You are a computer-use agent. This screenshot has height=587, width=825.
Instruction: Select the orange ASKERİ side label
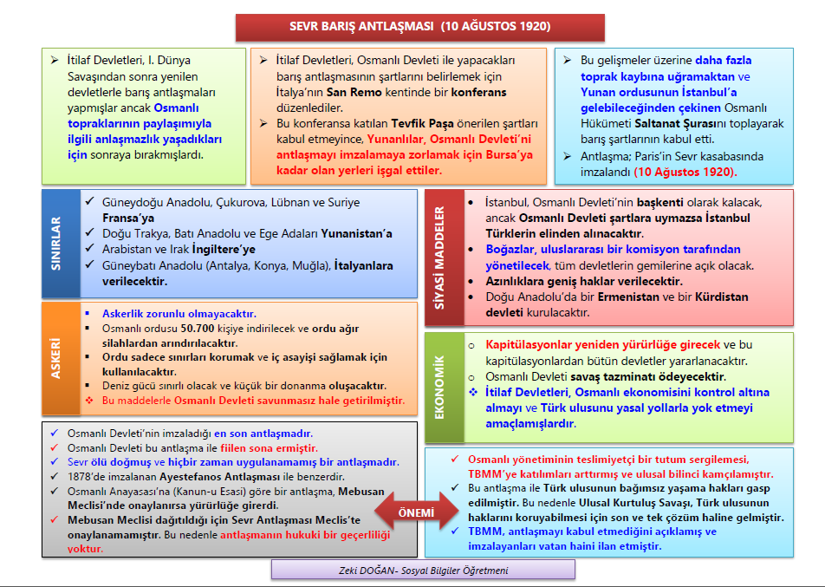point(58,356)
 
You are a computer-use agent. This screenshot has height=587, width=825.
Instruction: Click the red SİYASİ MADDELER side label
point(439,255)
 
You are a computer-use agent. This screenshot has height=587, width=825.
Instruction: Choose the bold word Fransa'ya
point(129,218)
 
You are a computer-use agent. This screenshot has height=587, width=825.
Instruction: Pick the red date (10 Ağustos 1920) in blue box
point(684,172)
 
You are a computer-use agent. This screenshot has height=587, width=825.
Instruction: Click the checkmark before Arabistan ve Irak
point(92,249)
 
